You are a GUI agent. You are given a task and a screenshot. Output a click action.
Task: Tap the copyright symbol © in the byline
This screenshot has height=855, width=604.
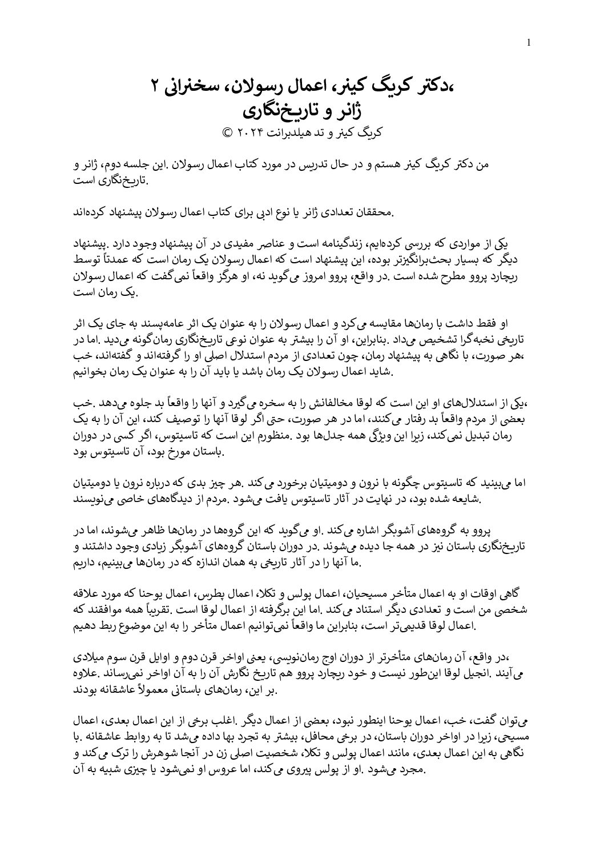click(227, 132)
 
